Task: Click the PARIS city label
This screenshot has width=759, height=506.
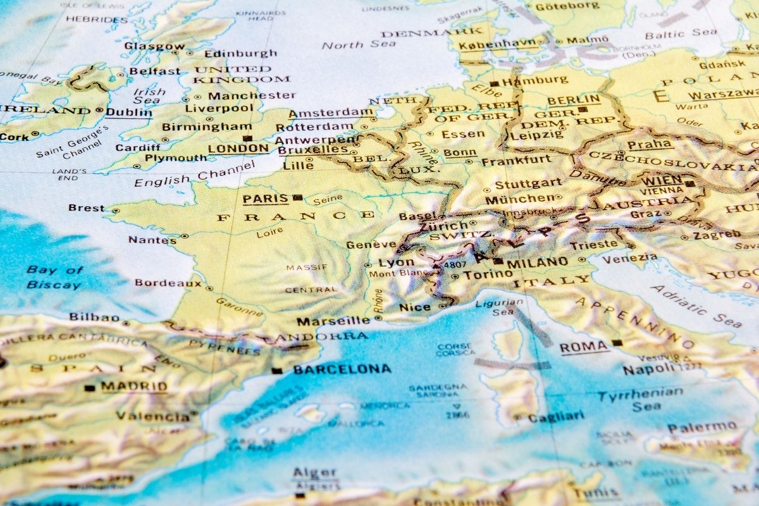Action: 266,199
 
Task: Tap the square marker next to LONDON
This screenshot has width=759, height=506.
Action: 248,138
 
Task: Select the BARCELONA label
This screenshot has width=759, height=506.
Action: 342,369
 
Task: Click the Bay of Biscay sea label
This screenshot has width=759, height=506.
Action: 54,277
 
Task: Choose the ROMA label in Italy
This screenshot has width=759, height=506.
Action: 583,347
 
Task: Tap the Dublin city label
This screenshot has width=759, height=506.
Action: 129,112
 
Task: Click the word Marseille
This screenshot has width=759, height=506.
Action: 333,321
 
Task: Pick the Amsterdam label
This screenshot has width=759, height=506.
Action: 331,113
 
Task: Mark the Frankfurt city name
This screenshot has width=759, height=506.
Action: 516,161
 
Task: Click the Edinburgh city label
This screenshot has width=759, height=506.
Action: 240,54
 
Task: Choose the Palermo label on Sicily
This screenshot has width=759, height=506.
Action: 702,428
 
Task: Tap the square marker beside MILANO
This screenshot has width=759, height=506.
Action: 499,261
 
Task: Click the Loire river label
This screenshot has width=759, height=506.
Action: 269,233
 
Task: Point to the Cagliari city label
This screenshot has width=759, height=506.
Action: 555,417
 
